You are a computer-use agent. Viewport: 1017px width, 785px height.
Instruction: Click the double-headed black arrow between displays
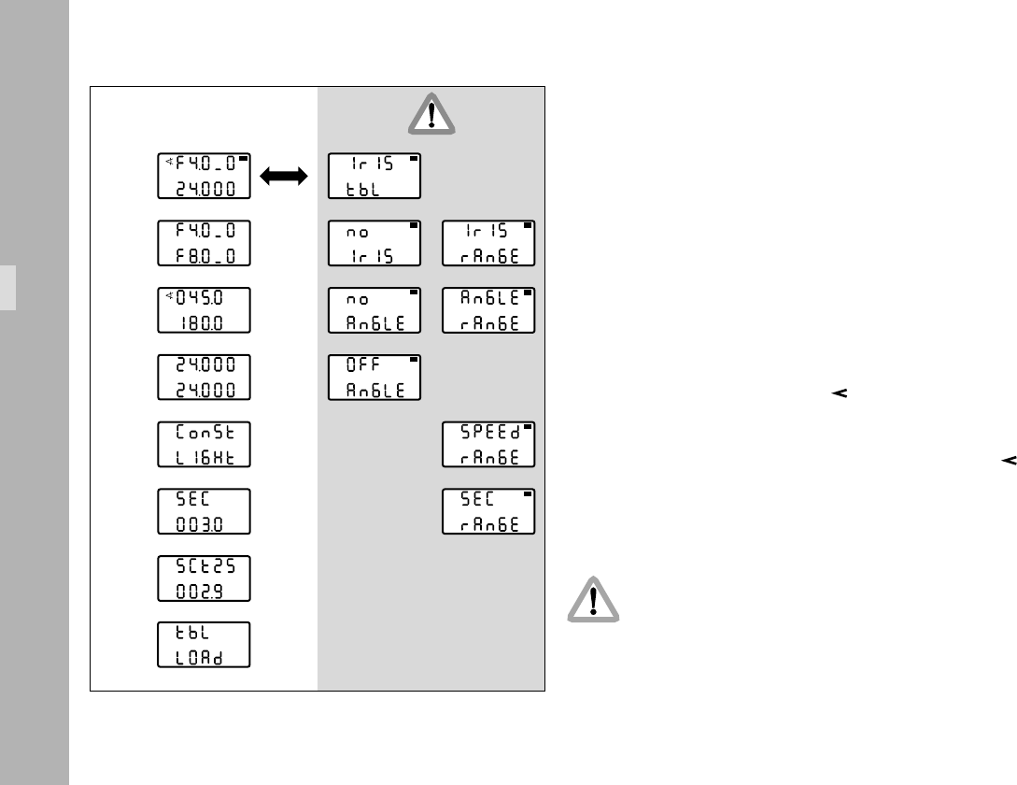pos(284,176)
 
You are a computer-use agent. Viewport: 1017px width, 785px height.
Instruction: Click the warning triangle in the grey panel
pos(431,114)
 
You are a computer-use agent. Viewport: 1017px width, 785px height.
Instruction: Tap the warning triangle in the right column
pos(593,598)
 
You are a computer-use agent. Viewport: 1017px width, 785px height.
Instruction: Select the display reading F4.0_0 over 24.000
pos(204,176)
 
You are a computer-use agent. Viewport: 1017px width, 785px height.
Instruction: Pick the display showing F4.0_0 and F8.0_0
pos(204,243)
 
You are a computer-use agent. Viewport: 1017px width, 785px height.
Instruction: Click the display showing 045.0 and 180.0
pos(204,310)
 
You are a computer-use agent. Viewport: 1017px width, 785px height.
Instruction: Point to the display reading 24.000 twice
pos(204,377)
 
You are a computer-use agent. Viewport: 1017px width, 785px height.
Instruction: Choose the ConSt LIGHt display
pos(204,444)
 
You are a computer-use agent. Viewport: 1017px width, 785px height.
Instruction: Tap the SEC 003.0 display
pos(204,511)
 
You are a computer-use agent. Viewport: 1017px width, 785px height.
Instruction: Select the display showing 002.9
pos(204,578)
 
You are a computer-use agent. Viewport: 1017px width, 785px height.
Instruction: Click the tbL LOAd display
pos(204,645)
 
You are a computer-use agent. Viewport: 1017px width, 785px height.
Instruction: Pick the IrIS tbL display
pos(374,176)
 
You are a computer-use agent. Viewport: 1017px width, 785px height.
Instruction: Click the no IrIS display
pos(374,243)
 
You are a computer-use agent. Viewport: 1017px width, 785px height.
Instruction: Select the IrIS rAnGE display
pos(488,243)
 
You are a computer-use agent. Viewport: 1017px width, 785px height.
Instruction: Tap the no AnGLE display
pos(374,310)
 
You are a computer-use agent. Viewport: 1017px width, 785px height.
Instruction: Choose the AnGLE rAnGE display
pos(488,310)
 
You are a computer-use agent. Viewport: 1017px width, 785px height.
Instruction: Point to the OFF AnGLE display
pos(374,377)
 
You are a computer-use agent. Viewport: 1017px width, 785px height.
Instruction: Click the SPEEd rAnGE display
pos(488,444)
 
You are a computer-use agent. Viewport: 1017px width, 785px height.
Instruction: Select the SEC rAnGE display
pos(488,511)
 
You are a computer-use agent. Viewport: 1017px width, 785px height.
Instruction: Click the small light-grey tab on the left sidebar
pos(7,287)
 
